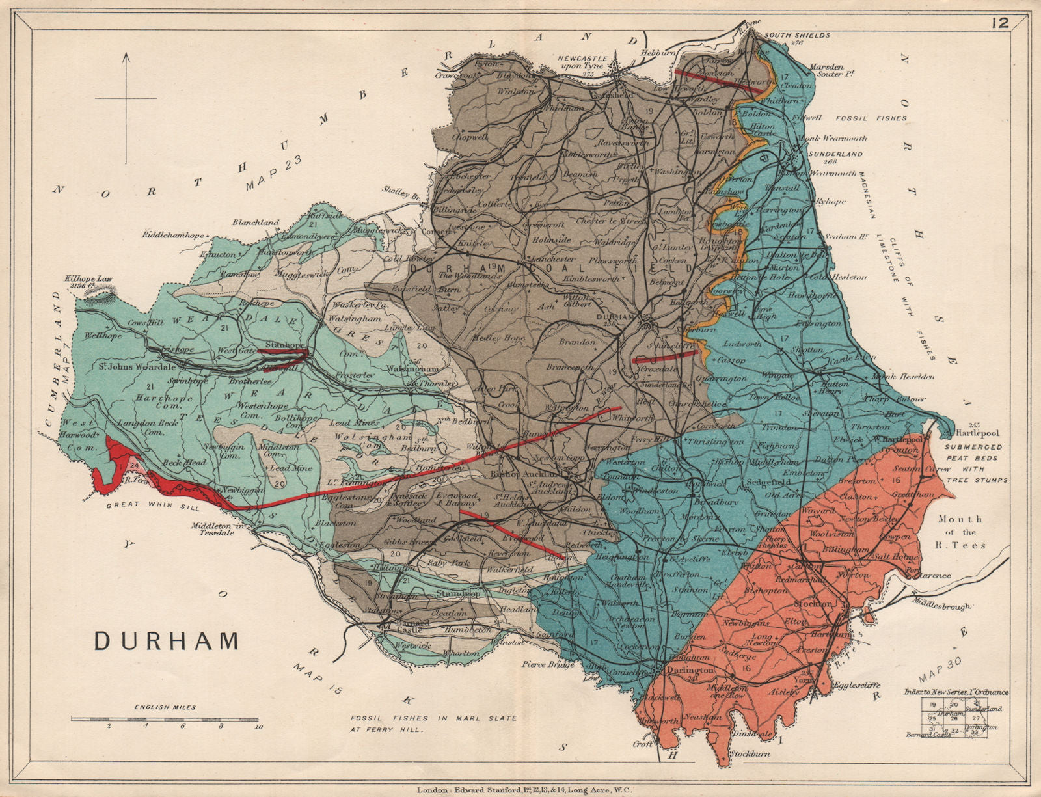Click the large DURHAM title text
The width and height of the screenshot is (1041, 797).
[x=167, y=640]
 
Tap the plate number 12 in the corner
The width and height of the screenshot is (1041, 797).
[x=1000, y=23]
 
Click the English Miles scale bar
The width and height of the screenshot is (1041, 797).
[x=165, y=718]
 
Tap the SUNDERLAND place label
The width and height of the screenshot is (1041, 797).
[x=835, y=154]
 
